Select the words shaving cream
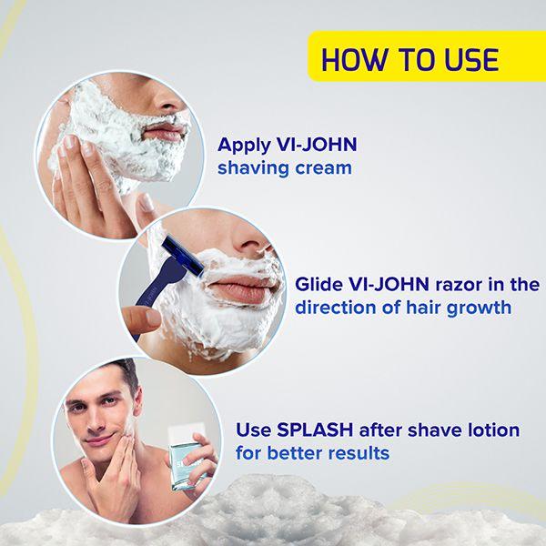tap(285, 168)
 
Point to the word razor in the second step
tap(453, 284)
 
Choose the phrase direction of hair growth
tap(402, 308)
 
